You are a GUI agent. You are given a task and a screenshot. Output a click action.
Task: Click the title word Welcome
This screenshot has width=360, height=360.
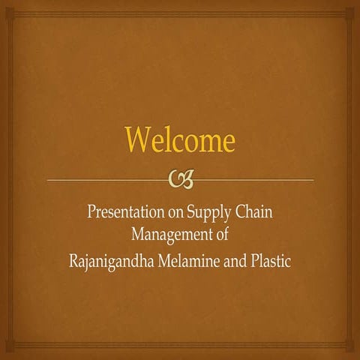coord(179,140)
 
